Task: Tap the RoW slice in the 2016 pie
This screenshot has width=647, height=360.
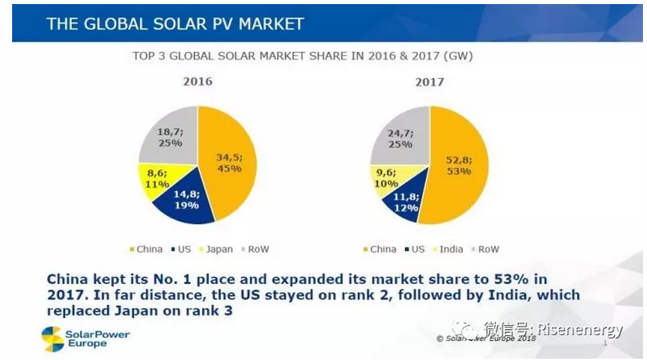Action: pos(165,138)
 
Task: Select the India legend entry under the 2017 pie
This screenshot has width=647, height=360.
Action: pos(451,249)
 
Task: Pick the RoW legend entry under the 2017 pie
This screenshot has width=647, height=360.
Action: pos(488,249)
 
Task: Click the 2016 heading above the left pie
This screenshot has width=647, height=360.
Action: pos(198,81)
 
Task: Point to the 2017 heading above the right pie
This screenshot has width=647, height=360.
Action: pos(429,82)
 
